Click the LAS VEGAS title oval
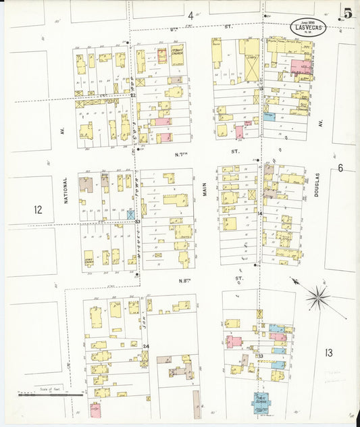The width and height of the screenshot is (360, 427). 309,28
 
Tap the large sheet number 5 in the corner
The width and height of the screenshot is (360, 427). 347,13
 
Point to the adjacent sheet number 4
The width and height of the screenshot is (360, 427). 190,15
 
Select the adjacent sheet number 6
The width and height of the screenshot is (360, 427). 340,168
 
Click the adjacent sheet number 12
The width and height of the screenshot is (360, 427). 38,210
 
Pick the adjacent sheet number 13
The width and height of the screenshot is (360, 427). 328,352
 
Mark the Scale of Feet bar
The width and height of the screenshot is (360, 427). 51,395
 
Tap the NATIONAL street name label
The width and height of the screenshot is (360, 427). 66,198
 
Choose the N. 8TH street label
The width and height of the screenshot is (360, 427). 182,280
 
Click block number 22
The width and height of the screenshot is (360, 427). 134,95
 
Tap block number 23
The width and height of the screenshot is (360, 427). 137,222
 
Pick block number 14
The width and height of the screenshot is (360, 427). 259,214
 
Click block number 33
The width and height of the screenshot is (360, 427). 259,355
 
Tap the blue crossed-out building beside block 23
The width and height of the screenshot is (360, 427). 130,214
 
